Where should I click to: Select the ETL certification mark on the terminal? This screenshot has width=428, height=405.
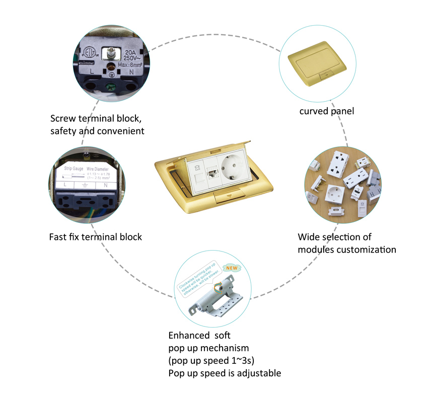click(x=89, y=54)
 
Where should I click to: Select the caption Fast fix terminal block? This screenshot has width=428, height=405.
click(x=96, y=236)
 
